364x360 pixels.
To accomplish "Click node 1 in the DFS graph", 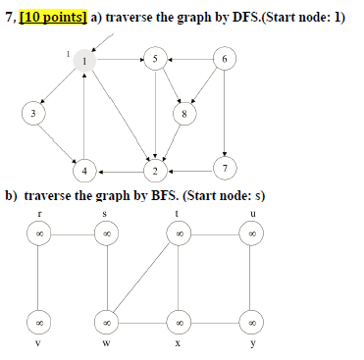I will [86, 61].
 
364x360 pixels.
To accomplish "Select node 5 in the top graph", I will [154, 61].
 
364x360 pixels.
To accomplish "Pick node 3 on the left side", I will [34, 114].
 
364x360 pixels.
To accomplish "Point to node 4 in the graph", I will [86, 170].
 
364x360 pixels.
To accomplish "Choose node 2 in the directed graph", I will [155, 170].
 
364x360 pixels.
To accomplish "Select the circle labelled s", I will [106, 234].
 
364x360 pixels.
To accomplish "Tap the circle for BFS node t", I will [180, 234].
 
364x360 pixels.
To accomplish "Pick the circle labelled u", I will [252, 234].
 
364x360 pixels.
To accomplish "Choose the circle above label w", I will [106, 320].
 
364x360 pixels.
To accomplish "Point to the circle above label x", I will [180, 320].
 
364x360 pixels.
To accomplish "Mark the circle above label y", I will [252, 320].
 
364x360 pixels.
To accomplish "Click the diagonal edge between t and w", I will [143, 277].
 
